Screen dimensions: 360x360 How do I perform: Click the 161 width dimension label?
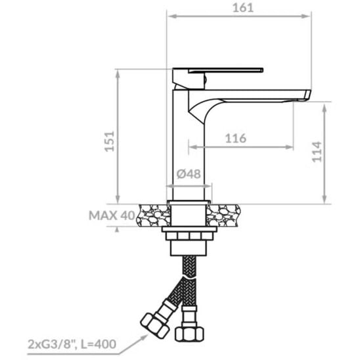(243, 8)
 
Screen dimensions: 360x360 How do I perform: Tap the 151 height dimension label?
(110, 141)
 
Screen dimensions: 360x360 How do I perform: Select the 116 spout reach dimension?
(236, 138)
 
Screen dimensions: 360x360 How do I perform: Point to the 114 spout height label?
(317, 152)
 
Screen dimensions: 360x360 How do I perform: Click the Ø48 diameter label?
(189, 174)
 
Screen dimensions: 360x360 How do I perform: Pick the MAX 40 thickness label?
(112, 215)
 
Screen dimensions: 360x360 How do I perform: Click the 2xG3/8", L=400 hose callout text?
(72, 344)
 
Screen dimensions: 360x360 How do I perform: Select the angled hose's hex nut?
(154, 326)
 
